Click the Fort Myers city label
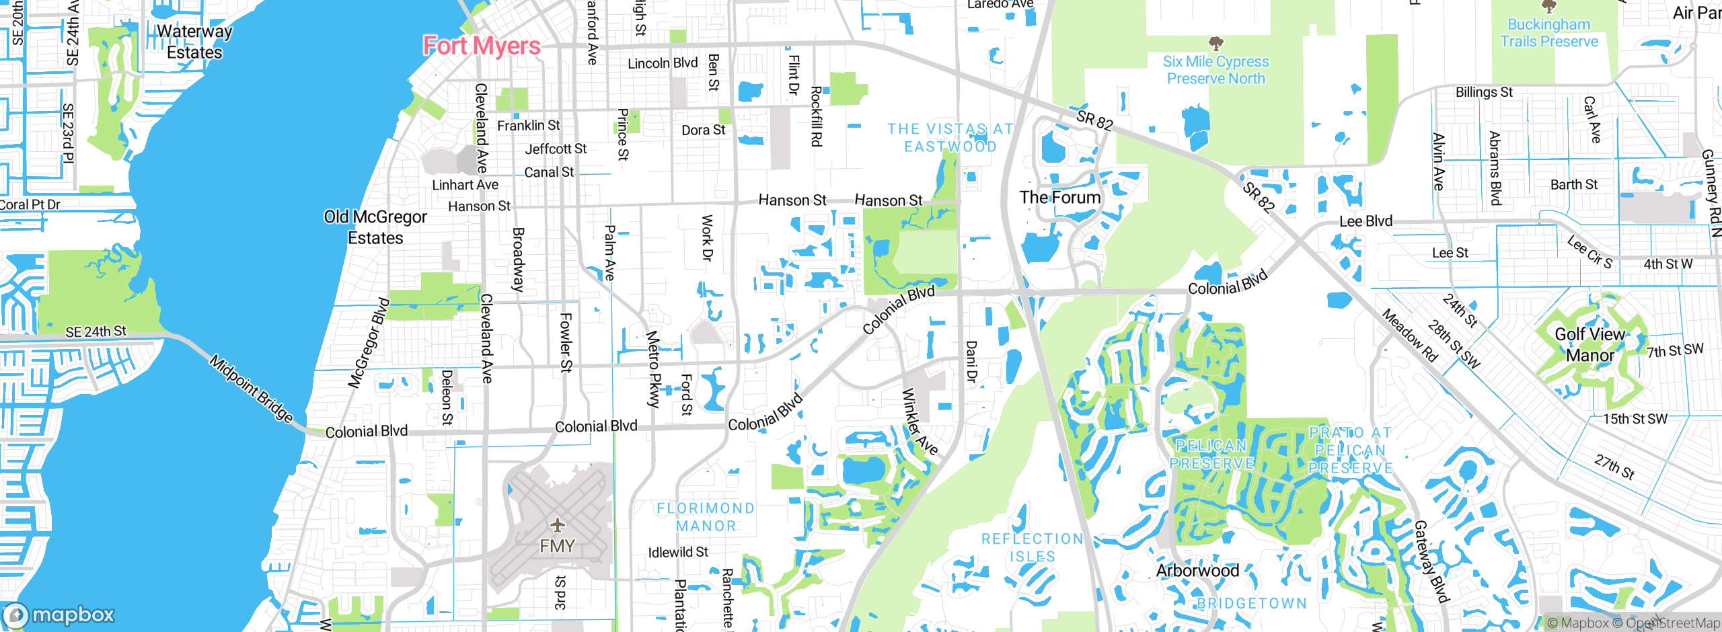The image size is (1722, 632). [x=482, y=46]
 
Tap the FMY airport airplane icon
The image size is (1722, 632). [x=557, y=525]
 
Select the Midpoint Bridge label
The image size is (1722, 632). [x=251, y=389]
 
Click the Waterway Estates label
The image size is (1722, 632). [x=194, y=42]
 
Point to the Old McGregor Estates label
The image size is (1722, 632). [x=375, y=227]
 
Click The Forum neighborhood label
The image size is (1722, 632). [x=1059, y=198]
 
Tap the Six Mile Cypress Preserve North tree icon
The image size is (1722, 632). [x=1215, y=44]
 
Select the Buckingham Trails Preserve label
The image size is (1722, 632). [x=1548, y=33]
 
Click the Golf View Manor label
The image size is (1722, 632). [x=1589, y=344]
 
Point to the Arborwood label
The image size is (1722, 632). [x=1197, y=571]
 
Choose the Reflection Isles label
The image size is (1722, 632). [x=1033, y=547]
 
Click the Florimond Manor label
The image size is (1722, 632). [x=706, y=517]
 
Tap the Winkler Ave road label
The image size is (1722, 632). [x=919, y=422]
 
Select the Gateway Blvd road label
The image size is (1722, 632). [x=1431, y=561]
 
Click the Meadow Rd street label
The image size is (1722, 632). [x=1409, y=335]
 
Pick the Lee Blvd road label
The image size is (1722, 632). [x=1365, y=221]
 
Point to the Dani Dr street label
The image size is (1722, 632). [x=971, y=362]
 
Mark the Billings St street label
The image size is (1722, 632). [x=1484, y=92]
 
